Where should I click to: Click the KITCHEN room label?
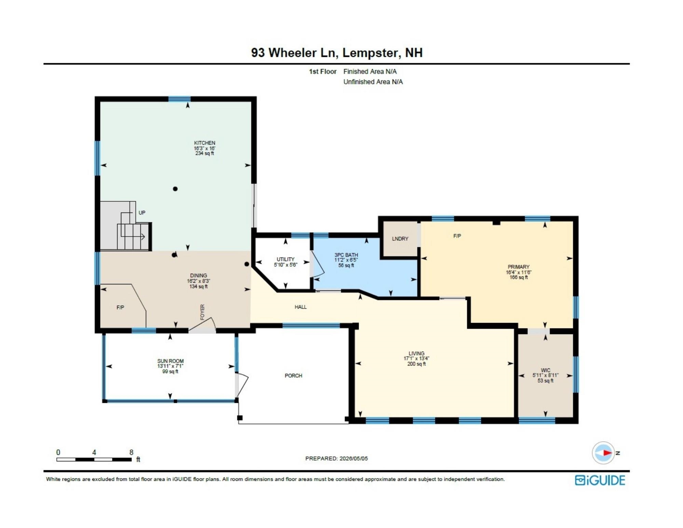[205, 143]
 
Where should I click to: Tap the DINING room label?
[199, 275]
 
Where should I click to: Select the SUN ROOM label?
[170, 361]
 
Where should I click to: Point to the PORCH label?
[293, 376]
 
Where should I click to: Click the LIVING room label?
[416, 353]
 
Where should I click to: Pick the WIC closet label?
[546, 370]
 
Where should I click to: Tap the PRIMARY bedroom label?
[519, 267]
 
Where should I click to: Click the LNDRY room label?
[400, 239]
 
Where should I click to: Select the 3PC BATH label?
[346, 255]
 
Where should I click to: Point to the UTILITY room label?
[286, 259]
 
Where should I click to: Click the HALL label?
[301, 307]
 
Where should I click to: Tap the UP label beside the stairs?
[142, 213]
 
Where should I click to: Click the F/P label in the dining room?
[120, 308]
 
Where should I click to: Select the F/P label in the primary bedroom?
[457, 236]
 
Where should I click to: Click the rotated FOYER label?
[202, 312]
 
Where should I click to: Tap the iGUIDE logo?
[600, 480]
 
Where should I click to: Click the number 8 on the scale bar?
[131, 452]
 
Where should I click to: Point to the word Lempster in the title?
[370, 53]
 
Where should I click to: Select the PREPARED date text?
[337, 459]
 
